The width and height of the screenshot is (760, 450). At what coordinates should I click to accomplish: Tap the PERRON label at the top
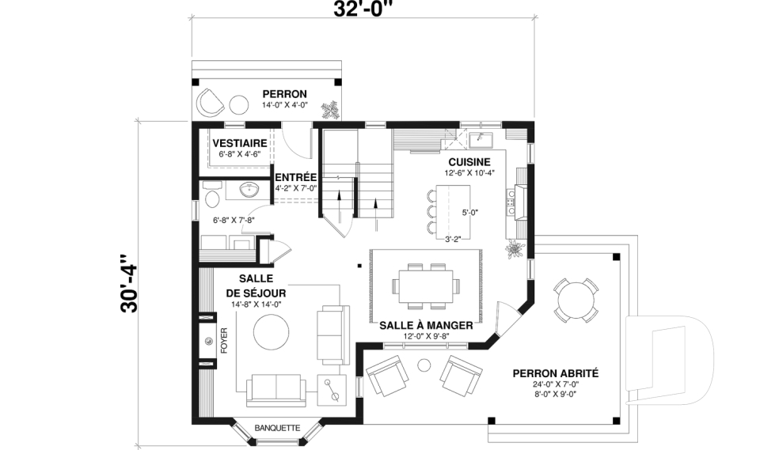click(284, 93)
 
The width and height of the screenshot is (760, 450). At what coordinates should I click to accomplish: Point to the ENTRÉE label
click(295, 176)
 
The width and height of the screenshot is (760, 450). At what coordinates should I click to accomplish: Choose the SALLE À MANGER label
click(426, 325)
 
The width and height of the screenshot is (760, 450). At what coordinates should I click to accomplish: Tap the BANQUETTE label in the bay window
click(277, 428)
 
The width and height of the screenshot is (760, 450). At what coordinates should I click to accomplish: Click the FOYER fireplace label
click(224, 341)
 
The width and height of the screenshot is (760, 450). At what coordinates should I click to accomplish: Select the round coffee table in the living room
click(272, 332)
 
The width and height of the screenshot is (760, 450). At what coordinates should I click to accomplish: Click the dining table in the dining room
click(426, 286)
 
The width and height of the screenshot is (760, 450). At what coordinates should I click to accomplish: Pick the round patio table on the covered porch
click(575, 299)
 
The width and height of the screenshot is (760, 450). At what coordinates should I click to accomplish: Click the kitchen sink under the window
click(481, 142)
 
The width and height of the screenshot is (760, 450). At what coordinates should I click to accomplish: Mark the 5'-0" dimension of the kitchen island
click(469, 212)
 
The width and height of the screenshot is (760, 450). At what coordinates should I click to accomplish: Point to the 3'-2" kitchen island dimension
click(453, 238)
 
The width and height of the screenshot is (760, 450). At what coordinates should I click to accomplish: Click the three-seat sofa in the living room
click(275, 389)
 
